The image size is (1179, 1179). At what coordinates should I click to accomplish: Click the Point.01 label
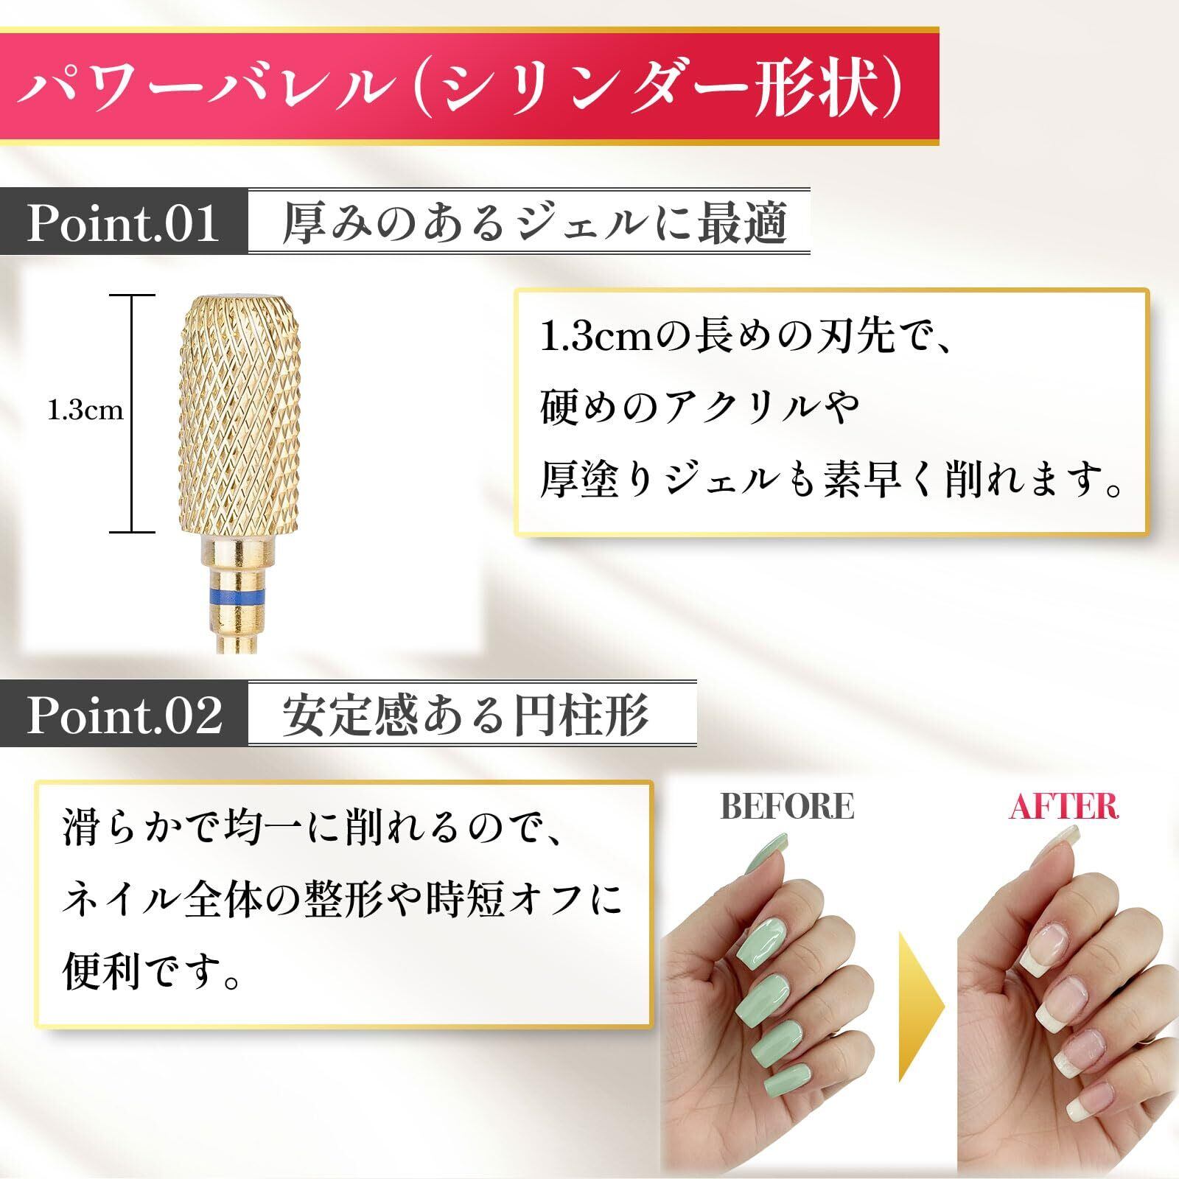(123, 223)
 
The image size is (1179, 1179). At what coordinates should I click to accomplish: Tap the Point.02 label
(125, 714)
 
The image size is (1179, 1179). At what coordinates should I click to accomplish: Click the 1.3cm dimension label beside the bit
(85, 410)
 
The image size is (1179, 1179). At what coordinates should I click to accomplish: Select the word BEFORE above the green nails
(787, 806)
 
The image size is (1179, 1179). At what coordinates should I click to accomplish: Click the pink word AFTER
(1064, 806)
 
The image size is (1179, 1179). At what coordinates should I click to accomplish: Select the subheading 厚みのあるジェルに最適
(535, 223)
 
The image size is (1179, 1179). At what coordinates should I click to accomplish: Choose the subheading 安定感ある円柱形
(465, 714)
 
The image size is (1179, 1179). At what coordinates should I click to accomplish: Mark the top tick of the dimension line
(132, 295)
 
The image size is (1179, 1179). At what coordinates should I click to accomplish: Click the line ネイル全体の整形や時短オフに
(343, 900)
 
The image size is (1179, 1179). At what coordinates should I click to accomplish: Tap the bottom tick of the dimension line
(132, 531)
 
